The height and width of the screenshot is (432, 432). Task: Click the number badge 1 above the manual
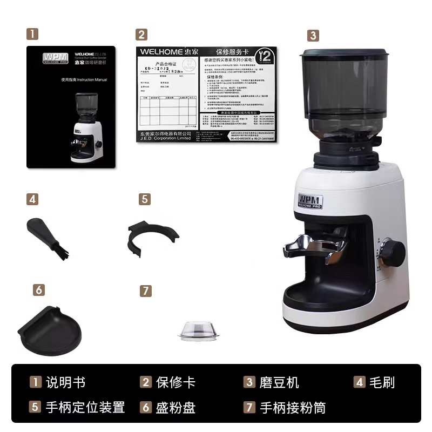33,34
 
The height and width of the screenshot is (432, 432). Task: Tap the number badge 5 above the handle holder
144,199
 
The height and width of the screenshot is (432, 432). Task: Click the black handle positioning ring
152,234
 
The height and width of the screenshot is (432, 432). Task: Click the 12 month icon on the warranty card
265,56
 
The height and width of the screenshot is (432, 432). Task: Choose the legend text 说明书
65,383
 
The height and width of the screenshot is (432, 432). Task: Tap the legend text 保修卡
175,383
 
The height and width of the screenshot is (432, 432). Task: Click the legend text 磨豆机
279,383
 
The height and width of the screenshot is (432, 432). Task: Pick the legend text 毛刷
382,383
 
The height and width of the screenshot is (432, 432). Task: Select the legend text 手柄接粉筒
292,407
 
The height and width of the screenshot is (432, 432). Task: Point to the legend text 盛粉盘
175,407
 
